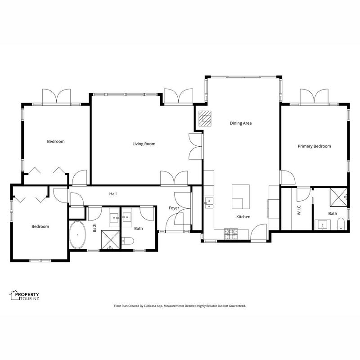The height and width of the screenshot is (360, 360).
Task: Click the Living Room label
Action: click(x=144, y=144)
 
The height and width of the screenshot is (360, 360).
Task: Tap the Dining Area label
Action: click(x=241, y=123)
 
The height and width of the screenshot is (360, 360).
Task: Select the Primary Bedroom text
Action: click(x=314, y=146)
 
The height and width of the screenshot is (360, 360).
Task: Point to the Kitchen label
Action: click(x=243, y=217)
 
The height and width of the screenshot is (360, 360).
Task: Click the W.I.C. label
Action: click(x=299, y=210)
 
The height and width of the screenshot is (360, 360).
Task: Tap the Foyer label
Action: click(x=174, y=208)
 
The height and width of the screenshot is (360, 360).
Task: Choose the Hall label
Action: click(x=113, y=194)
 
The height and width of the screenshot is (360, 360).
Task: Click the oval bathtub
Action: click(x=77, y=234)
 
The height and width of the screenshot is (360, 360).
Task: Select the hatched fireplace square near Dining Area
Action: click(x=205, y=118)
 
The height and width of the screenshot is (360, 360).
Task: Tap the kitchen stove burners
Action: click(x=231, y=234)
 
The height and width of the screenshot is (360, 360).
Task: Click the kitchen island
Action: click(x=241, y=197)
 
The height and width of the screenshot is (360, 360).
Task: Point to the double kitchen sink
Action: click(x=209, y=203)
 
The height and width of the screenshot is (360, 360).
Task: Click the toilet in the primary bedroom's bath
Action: click(x=341, y=224)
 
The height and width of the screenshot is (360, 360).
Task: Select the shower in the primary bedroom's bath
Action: click(x=338, y=198)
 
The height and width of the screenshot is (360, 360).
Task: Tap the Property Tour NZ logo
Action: click(x=24, y=296)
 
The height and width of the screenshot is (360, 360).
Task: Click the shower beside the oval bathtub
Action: click(x=110, y=240)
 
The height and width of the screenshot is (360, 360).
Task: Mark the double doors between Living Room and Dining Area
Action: click(x=196, y=146)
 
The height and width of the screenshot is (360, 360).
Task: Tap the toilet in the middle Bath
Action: click(x=128, y=241)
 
